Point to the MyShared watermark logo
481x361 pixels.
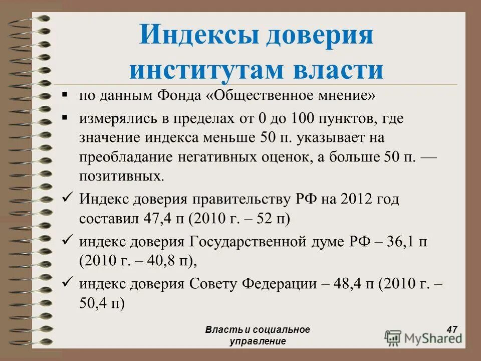click(424, 337)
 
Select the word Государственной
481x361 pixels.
click(248, 242)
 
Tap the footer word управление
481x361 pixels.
click(258, 341)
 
